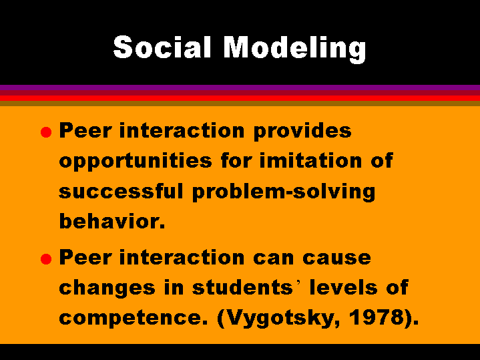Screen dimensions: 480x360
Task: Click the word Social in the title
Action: point(162,47)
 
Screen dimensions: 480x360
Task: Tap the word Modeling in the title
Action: point(295,49)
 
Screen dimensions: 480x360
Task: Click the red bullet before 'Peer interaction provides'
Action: point(46,132)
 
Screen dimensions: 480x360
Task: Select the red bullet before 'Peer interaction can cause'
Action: point(46,259)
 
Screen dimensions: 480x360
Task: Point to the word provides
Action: point(302,132)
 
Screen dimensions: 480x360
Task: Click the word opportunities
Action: point(136,162)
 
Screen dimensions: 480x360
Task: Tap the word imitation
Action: point(310,160)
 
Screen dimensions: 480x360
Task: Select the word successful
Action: point(121,191)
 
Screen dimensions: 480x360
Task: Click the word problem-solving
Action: point(284,192)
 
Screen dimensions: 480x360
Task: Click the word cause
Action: point(336,258)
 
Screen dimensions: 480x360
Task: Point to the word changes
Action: point(107,289)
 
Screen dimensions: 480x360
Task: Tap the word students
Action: point(242,287)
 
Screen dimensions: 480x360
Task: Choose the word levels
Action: point(343,287)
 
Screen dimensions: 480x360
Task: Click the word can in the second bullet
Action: point(273,258)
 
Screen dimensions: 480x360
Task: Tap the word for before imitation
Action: point(236,160)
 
